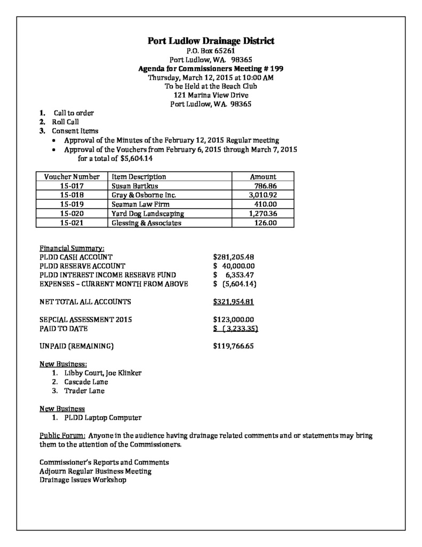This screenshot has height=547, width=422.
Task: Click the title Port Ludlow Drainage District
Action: tap(211, 41)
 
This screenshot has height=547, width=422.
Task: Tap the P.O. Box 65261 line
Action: tap(211, 51)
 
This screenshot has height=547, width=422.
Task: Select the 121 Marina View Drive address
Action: tap(211, 95)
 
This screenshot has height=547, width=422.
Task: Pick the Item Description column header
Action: tap(139, 177)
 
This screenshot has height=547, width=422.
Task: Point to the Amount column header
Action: tap(263, 177)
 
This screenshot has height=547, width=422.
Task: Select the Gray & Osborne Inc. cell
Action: tap(144, 196)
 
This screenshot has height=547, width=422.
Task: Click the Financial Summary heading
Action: tap(72, 248)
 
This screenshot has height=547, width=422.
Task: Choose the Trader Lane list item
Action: tap(84, 391)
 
